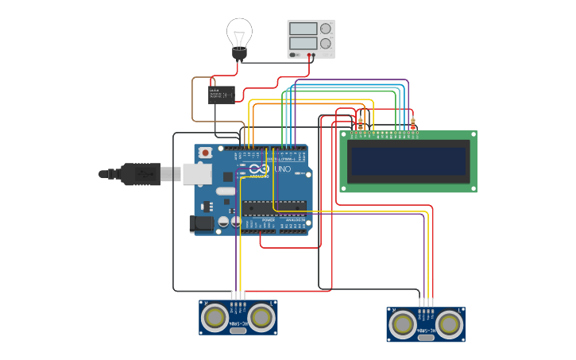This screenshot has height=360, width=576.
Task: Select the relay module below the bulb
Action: (x=222, y=95)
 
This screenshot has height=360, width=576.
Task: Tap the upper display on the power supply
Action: (x=303, y=29)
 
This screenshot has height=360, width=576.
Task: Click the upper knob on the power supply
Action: (x=325, y=29)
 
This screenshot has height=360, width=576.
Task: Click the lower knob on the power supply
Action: (x=325, y=44)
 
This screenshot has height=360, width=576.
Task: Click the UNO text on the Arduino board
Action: (x=283, y=169)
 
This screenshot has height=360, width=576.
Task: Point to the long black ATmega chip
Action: (x=274, y=207)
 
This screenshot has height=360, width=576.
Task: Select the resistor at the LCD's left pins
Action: (x=361, y=123)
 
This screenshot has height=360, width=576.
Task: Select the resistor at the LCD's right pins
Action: (x=412, y=123)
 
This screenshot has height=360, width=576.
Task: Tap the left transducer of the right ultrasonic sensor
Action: (x=403, y=324)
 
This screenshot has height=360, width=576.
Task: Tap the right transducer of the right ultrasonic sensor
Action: (x=449, y=324)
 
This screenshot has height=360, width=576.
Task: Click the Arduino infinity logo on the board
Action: (x=258, y=169)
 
